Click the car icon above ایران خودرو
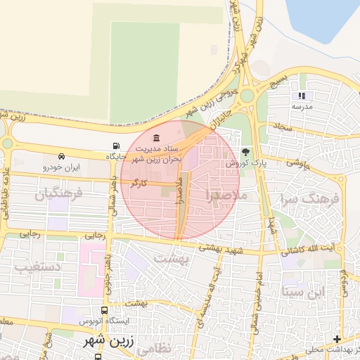(x=63, y=156)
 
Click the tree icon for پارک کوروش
(x=245, y=151)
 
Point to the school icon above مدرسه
(x=302, y=96)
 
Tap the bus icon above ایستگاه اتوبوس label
(x=105, y=310)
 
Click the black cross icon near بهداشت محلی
(x=337, y=339)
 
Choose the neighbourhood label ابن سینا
(x=304, y=290)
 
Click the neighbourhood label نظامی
(x=153, y=347)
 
